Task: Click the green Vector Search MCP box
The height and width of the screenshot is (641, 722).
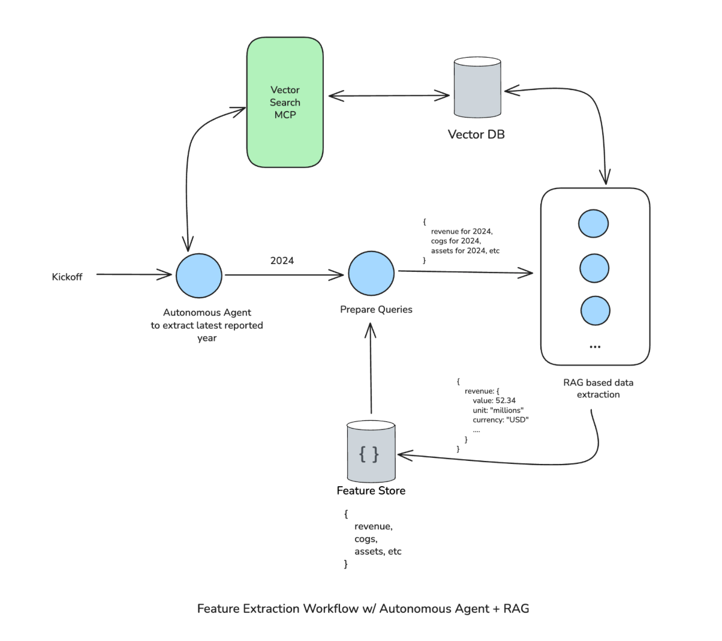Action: point(285,103)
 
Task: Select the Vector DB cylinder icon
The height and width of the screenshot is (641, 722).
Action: point(477,88)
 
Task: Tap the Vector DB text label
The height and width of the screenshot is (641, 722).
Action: point(476,134)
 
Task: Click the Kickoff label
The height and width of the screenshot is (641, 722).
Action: point(67,277)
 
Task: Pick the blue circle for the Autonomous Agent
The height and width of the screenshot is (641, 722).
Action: point(199,275)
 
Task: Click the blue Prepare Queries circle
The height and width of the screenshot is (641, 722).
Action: point(371,274)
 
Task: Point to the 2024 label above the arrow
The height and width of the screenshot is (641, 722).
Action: point(282,260)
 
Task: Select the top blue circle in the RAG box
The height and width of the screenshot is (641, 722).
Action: point(593,224)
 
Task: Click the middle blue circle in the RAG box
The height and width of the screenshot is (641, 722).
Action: point(594,268)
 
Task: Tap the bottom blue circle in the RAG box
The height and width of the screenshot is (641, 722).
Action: point(595,311)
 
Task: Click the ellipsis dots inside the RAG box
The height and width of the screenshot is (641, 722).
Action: point(595,347)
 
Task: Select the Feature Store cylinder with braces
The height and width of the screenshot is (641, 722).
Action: point(371,453)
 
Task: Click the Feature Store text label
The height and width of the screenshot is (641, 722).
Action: point(371,491)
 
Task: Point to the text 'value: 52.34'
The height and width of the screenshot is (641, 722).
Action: point(494,400)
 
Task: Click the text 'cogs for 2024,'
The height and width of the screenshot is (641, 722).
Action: point(456,241)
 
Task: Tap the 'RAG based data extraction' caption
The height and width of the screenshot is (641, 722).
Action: point(598,388)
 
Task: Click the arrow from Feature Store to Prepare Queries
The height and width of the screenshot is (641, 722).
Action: point(371,369)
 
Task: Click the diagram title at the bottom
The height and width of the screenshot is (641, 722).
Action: point(363,609)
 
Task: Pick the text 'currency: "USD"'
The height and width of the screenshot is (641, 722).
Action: point(500,420)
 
